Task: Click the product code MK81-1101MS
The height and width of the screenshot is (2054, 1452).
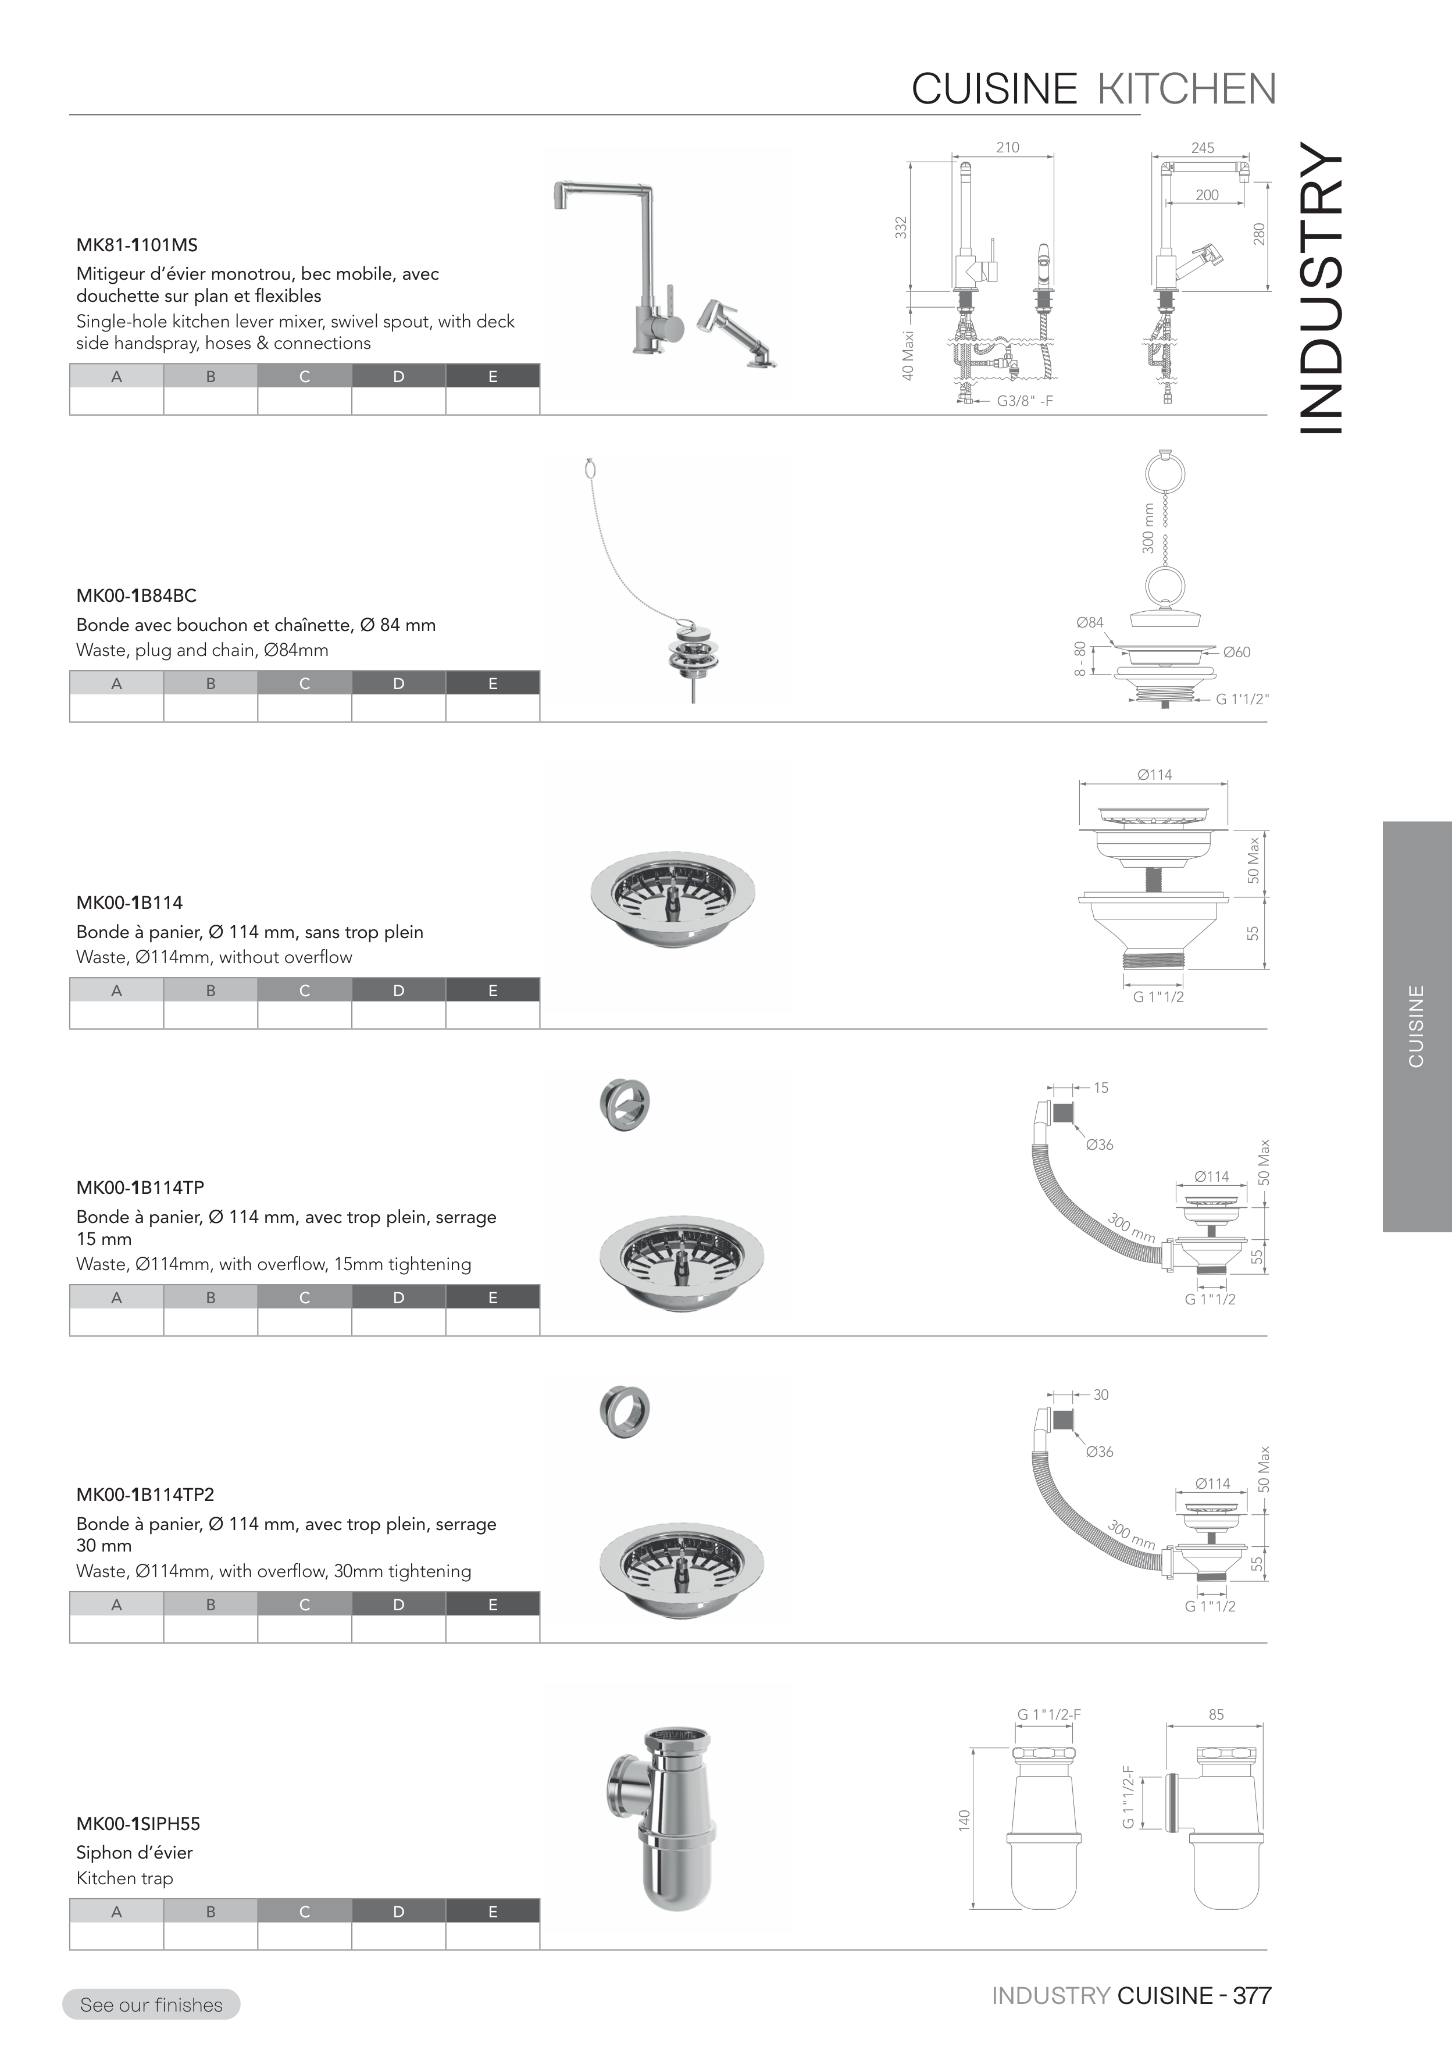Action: pos(137,245)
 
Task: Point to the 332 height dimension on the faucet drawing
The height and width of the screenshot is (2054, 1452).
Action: pos(902,227)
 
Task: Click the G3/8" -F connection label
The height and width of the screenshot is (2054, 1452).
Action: pos(1025,401)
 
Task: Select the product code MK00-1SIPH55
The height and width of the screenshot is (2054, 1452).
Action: pos(138,1824)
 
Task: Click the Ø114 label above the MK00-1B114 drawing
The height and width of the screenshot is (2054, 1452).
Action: pos(1154,775)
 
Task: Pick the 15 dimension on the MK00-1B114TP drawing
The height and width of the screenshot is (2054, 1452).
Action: pos(1100,1088)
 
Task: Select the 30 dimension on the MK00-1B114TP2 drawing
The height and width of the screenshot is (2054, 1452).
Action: pos(1100,1395)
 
